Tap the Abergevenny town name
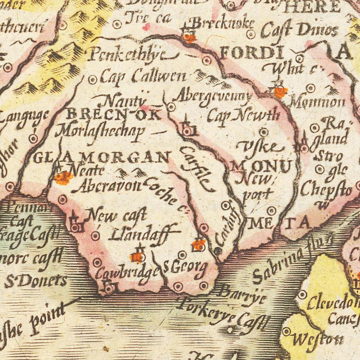(213, 97)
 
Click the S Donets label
(35, 281)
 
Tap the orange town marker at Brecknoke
(190, 38)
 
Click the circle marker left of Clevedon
(302, 294)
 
